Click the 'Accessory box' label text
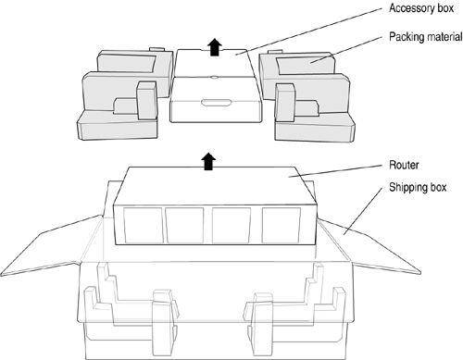tap(421, 8)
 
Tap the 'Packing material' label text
tap(426, 37)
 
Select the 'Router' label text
tap(404, 165)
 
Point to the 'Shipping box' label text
tap(418, 187)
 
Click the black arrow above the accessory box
tap(214, 47)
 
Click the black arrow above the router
tap(208, 161)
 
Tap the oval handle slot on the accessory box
tap(216, 103)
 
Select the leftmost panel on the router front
tap(143, 225)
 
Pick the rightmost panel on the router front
tap(281, 225)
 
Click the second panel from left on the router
tap(184, 225)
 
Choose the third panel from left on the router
tap(231, 225)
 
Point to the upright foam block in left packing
tap(147, 101)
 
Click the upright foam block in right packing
tap(285, 102)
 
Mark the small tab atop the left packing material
tap(156, 49)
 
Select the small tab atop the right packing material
tap(275, 52)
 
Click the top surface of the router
tap(215, 186)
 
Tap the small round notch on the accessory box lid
tap(214, 77)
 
